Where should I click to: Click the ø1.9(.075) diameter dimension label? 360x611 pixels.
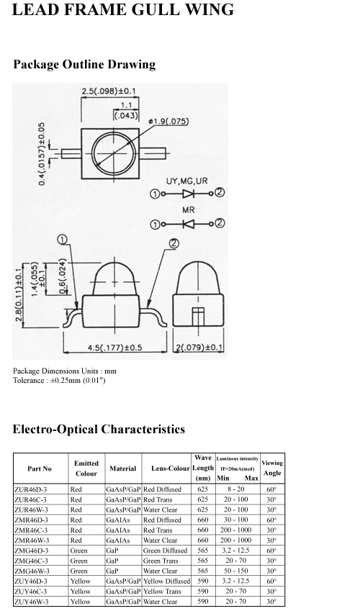[x=168, y=122]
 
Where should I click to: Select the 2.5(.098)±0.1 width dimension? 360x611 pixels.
[x=109, y=91]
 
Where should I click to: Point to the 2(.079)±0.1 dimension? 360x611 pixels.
[x=199, y=347]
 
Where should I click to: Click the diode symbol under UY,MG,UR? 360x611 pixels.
[x=189, y=194]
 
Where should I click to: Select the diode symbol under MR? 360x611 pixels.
[x=189, y=224]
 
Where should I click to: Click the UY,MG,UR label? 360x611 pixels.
[x=186, y=181]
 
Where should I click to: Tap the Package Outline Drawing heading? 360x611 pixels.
[x=84, y=64]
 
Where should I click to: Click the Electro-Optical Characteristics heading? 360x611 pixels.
[x=99, y=429]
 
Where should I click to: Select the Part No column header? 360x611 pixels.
[x=40, y=469]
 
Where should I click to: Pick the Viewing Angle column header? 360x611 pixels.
[x=272, y=468]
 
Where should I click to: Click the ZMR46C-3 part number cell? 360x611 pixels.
[x=31, y=530]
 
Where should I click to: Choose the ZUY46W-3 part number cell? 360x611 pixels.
[x=32, y=602]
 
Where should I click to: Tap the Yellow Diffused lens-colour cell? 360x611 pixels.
[x=166, y=581]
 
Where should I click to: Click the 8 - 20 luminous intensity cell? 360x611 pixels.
[x=236, y=489]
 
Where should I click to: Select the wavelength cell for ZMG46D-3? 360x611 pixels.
[x=203, y=551]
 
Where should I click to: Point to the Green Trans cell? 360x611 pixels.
[x=161, y=561]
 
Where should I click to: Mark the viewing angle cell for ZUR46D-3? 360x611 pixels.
[x=271, y=489]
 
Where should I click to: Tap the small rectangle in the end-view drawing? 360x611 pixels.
[x=198, y=317]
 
